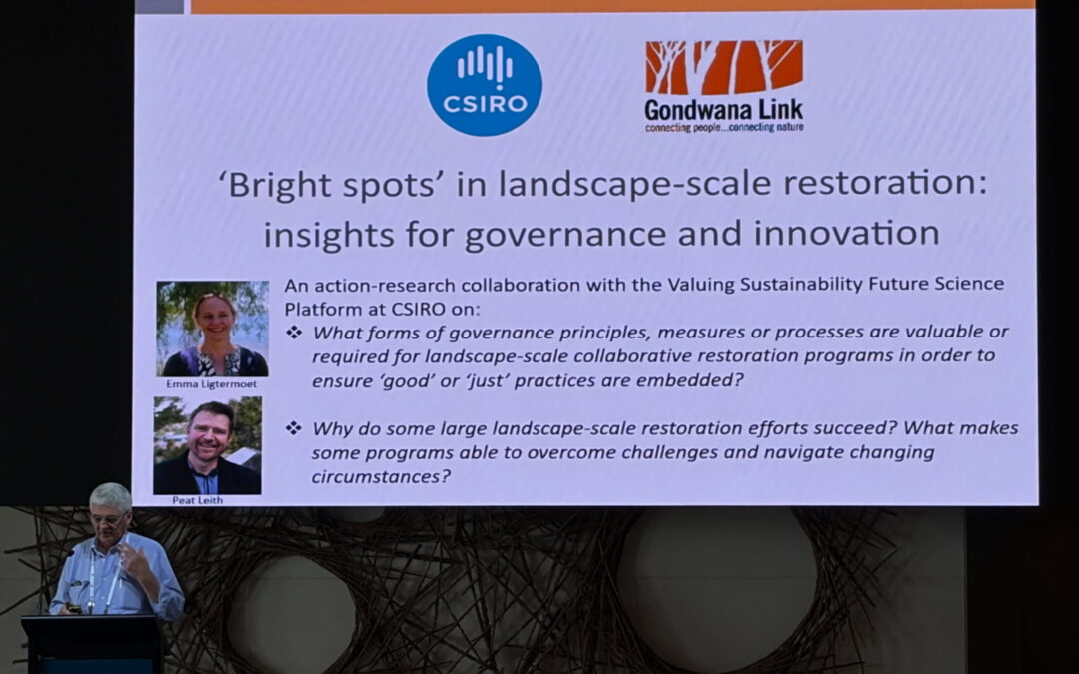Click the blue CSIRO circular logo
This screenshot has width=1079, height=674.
[x=484, y=85]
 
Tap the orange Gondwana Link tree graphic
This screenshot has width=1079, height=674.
[x=724, y=67]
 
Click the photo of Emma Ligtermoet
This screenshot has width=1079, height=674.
[x=212, y=328]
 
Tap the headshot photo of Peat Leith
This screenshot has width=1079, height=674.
[x=207, y=445]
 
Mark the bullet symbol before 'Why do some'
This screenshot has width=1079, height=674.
[x=294, y=428]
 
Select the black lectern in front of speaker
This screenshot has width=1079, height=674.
[x=92, y=644]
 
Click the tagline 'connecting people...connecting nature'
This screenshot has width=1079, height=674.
[x=723, y=128]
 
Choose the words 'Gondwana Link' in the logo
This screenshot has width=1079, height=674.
[x=723, y=110]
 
